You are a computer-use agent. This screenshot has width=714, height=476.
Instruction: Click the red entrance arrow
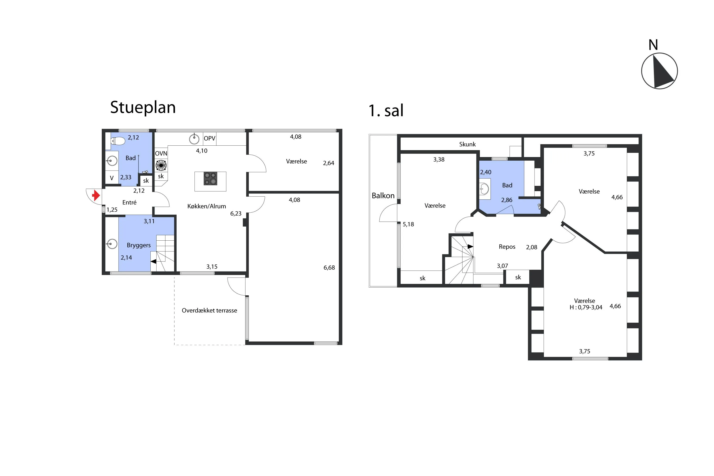click(96, 195)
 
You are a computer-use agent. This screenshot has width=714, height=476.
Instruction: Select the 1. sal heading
click(386, 110)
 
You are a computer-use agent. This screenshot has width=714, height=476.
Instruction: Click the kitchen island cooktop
click(210, 178)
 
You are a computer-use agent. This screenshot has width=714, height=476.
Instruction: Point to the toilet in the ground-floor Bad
click(118, 141)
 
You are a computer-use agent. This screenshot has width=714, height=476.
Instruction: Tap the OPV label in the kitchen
click(209, 139)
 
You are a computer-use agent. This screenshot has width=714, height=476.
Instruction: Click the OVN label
click(161, 154)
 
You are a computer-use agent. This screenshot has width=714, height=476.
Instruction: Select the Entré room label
click(129, 202)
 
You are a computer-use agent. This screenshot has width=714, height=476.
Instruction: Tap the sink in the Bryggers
click(112, 244)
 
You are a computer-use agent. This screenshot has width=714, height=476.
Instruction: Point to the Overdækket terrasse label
click(209, 310)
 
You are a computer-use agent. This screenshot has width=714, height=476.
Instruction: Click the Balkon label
click(383, 195)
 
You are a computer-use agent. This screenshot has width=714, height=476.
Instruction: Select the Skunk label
click(467, 144)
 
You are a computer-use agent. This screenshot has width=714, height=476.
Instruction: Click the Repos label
click(507, 247)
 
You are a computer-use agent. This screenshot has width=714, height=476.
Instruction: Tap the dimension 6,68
click(329, 268)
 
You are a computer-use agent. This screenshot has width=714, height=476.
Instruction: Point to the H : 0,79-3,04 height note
click(586, 307)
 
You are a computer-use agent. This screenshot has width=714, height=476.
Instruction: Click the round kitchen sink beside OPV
click(194, 139)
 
